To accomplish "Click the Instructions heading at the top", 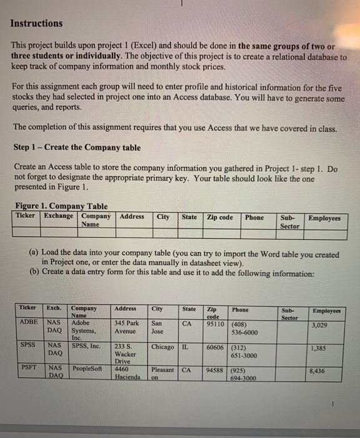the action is pos(36,24).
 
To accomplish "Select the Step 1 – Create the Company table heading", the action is pos(76,148).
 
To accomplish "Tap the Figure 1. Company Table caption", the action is pos(60,206).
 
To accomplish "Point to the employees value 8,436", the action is pos(317,371).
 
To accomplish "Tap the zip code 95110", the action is pos(216,324).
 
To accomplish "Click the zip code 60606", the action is pos(216,346).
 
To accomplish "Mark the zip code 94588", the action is pos(216,369).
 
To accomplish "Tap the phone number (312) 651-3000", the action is pos(243,350).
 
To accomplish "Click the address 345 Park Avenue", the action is pos(127,326).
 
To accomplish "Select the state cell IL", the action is pos(185,346).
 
